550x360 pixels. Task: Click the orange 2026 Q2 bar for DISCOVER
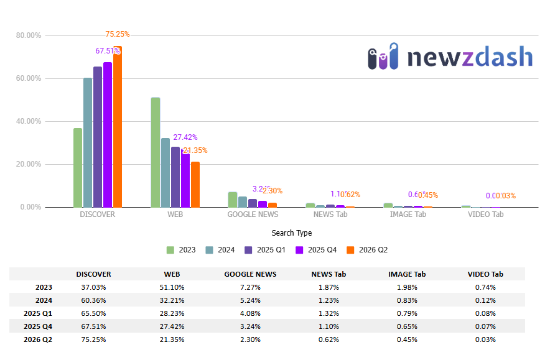tap(118, 127)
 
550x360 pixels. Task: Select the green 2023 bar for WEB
tap(156, 152)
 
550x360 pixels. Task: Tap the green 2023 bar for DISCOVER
tap(78, 168)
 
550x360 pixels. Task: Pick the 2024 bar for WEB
tap(165, 173)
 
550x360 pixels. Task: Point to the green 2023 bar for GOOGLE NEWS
tap(233, 200)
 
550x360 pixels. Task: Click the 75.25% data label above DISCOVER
tap(118, 34)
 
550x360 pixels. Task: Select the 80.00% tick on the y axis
tap(29, 35)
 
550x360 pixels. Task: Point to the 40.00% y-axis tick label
tap(29, 121)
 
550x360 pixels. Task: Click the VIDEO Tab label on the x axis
tap(485, 215)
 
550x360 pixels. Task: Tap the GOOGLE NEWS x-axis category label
tap(253, 215)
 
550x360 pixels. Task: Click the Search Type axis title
tap(292, 233)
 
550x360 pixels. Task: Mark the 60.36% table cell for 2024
tap(93, 300)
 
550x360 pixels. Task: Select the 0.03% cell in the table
tap(485, 339)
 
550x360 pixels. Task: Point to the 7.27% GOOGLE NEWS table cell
tap(251, 287)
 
